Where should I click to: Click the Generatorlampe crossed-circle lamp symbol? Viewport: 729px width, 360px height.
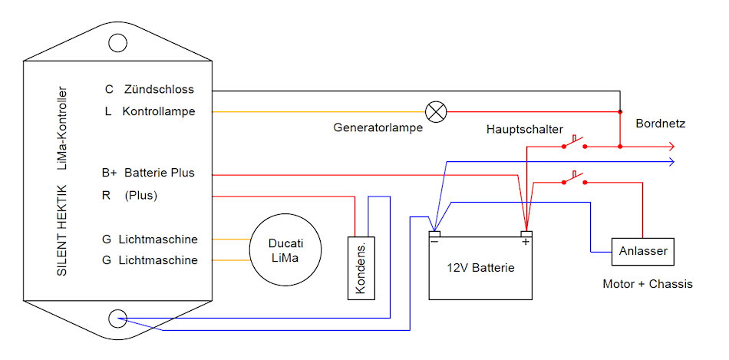[x=436, y=112]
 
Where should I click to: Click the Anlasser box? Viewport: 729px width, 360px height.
[x=642, y=250]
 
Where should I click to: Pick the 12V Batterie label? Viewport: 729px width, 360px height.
[x=480, y=268]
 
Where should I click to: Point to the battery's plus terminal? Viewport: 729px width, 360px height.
[x=526, y=235]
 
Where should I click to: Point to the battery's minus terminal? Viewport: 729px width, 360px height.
[x=434, y=235]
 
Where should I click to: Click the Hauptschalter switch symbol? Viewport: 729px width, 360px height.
[x=573, y=144]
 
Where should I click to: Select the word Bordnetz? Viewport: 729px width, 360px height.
[x=660, y=123]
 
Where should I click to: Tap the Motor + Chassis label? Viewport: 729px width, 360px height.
[x=648, y=284]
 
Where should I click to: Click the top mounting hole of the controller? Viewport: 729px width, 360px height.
[x=117, y=43]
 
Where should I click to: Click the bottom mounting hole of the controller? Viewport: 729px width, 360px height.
[x=117, y=319]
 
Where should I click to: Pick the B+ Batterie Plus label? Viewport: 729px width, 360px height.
[x=148, y=173]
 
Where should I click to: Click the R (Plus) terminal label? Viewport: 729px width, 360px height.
[x=130, y=195]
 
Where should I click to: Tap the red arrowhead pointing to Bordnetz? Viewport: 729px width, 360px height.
[x=671, y=146]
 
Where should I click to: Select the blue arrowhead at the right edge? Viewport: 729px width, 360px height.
[x=671, y=161]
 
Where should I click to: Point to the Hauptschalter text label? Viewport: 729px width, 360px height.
[x=524, y=129]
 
